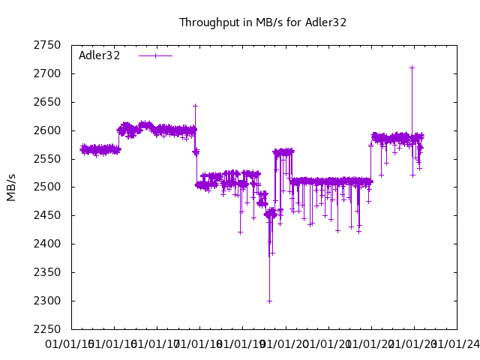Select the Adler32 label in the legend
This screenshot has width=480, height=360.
pos(100,55)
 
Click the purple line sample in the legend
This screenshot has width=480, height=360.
pos(155,55)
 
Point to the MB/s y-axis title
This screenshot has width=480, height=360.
pos(11,187)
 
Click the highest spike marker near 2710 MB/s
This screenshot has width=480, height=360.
pos(412,67)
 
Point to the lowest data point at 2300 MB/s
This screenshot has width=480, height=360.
pos(269,301)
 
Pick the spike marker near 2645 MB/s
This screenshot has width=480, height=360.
pos(195,106)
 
